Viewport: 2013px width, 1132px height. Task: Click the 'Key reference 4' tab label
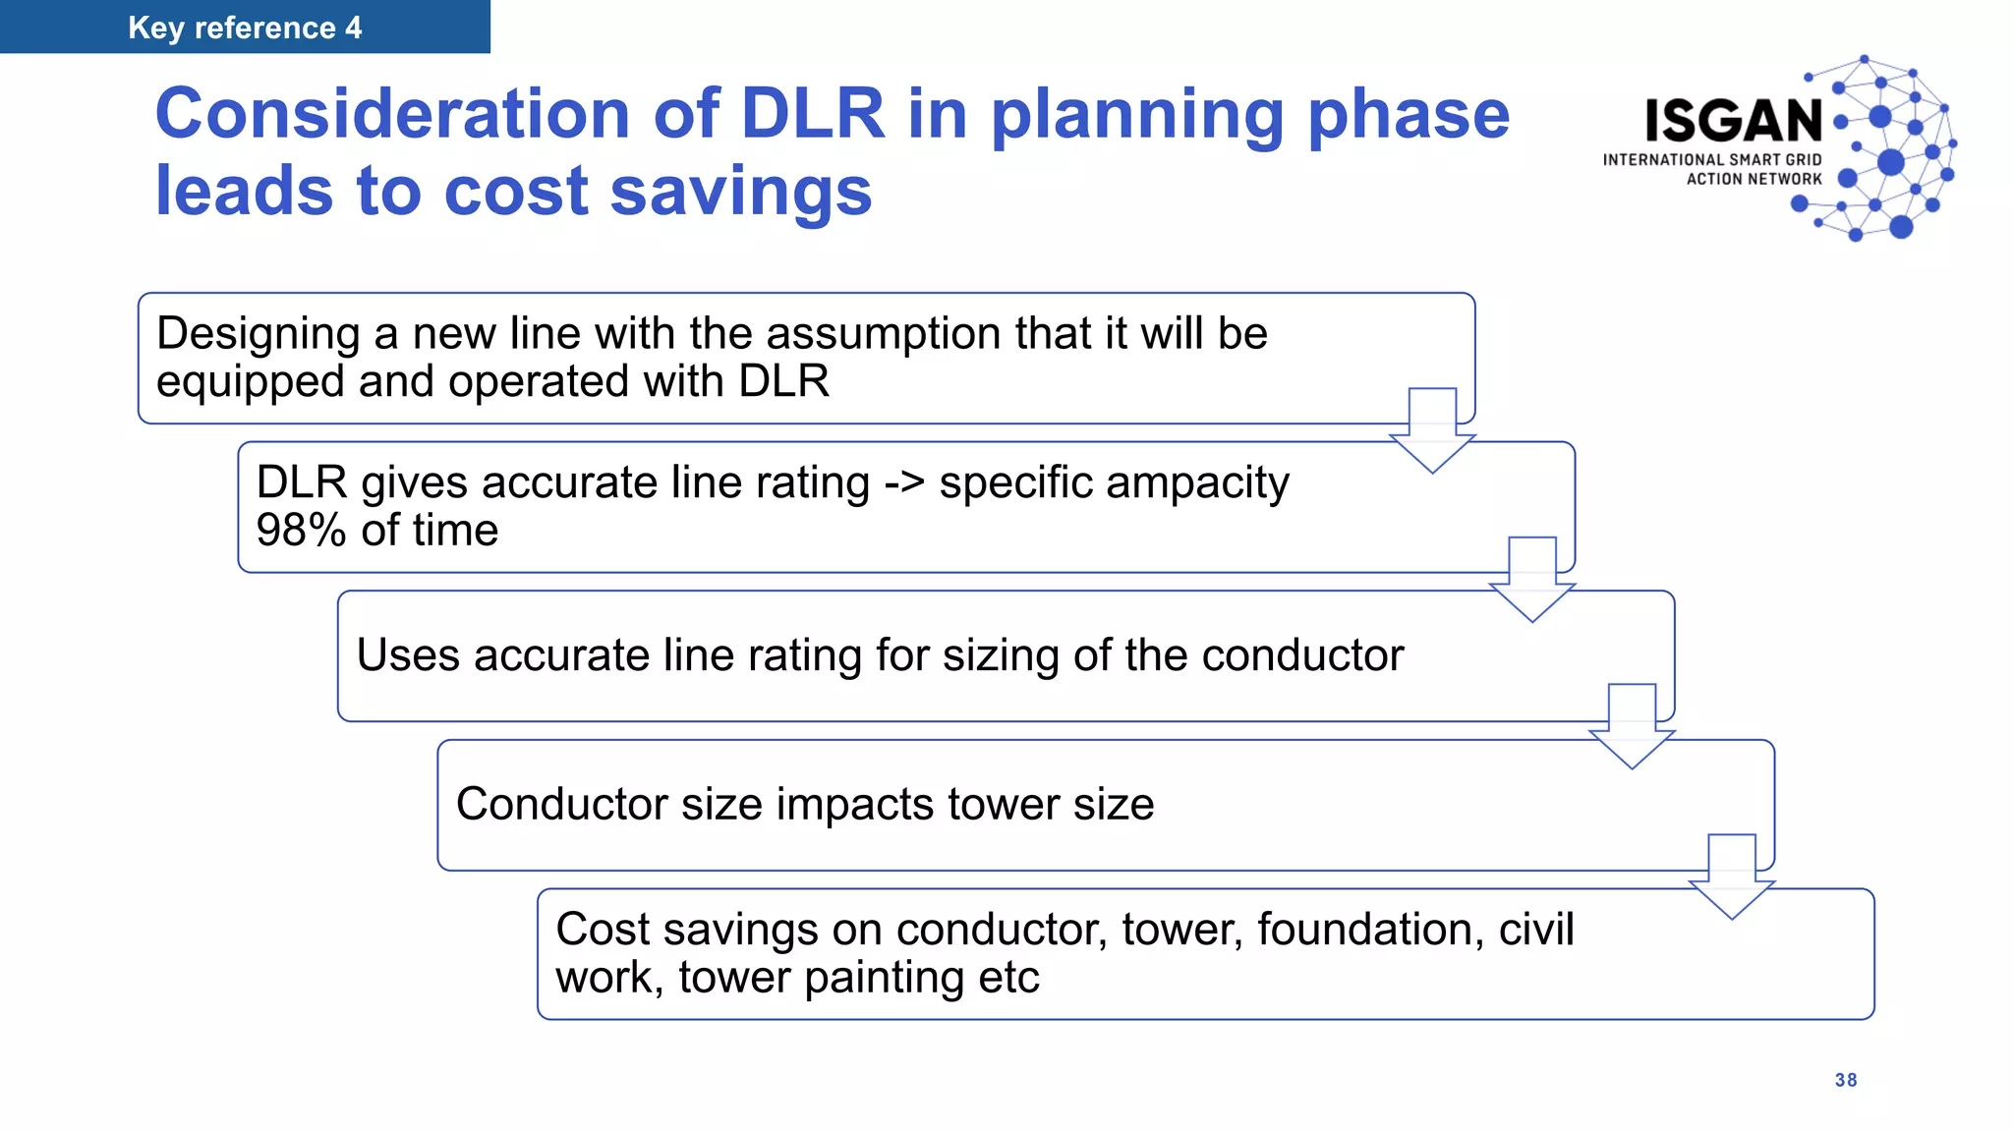245,28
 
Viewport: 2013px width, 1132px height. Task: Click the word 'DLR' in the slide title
812,114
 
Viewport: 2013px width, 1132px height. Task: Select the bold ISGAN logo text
1734,121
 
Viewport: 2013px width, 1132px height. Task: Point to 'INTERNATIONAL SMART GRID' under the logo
1711,159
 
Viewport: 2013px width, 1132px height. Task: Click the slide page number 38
1845,1080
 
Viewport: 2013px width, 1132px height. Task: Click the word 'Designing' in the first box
258,334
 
